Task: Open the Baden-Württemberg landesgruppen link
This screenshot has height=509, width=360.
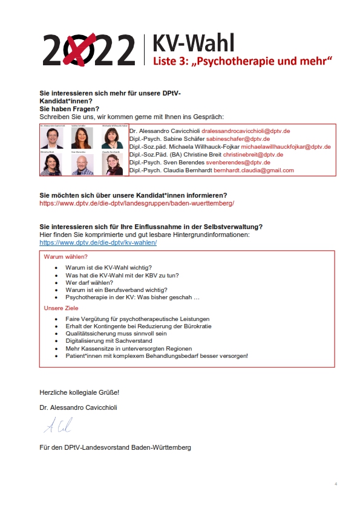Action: [137, 204]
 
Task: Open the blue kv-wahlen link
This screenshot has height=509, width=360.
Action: [98, 242]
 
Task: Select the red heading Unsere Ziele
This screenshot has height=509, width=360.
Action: [61, 308]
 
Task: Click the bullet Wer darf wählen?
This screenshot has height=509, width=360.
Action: [89, 282]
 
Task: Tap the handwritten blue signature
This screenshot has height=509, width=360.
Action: [58, 426]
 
